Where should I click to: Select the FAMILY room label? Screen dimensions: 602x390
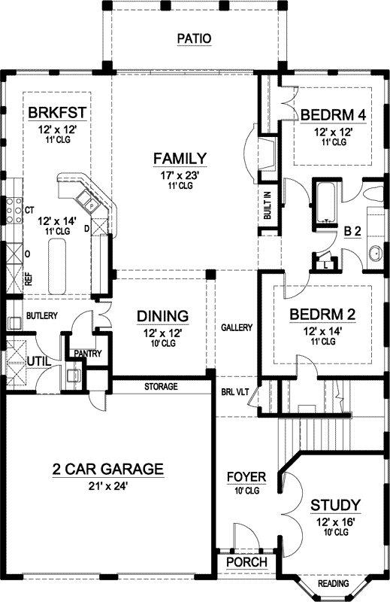[x=180, y=158]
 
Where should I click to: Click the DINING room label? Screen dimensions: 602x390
[x=162, y=316]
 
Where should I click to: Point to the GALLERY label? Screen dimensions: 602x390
[x=236, y=328]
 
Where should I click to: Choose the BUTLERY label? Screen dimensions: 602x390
[x=42, y=316]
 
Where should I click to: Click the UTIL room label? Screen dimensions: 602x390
[x=39, y=362]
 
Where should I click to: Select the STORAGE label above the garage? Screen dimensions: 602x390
[x=162, y=387]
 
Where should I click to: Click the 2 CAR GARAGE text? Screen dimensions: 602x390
[x=107, y=470]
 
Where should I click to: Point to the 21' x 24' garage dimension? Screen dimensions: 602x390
[x=107, y=485]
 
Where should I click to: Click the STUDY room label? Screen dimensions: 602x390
[x=334, y=504]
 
